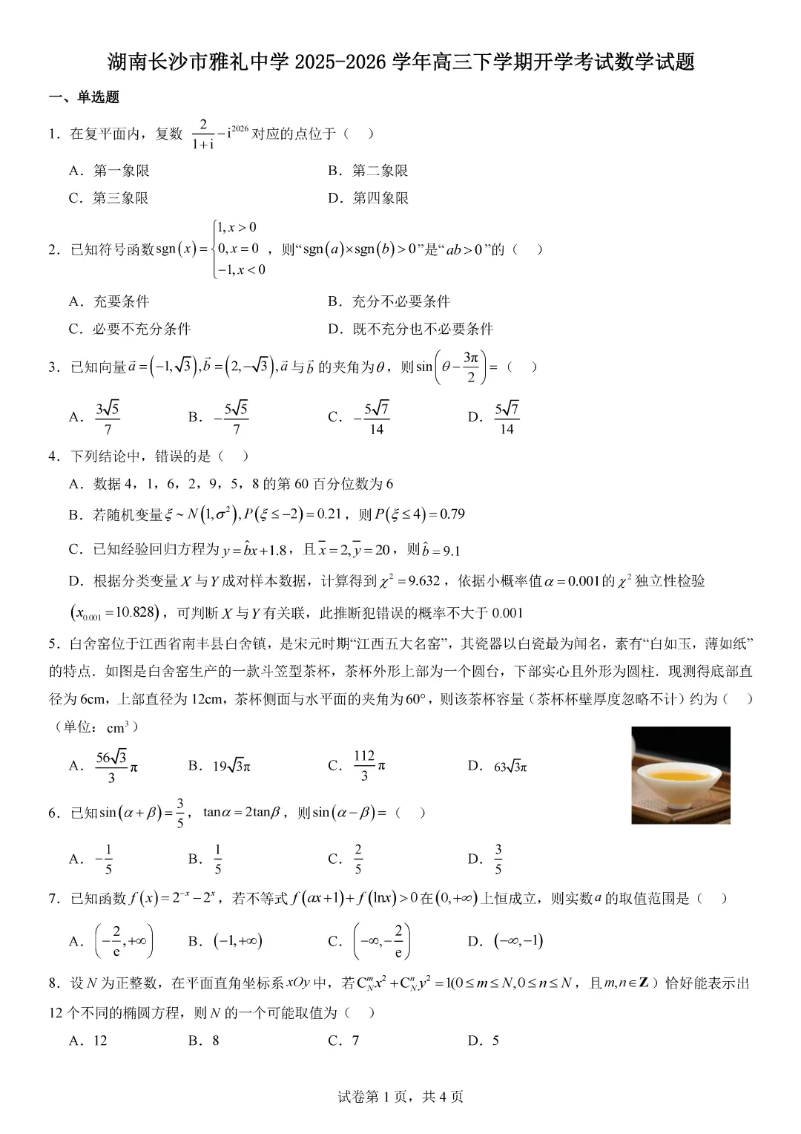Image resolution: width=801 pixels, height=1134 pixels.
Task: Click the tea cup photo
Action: [680, 775]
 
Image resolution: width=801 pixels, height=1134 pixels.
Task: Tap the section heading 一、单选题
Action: [84, 97]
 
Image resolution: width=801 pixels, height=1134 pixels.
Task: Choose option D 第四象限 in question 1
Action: [369, 198]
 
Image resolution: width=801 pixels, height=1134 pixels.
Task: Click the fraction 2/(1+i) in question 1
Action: [202, 134]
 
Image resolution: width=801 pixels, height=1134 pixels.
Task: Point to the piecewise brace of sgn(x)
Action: [214, 249]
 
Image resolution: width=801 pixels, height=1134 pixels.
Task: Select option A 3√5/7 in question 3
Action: [107, 418]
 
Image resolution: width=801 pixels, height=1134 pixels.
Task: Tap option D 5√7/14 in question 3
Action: [507, 418]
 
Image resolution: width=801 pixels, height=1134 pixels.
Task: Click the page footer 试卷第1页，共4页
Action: [400, 1097]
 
